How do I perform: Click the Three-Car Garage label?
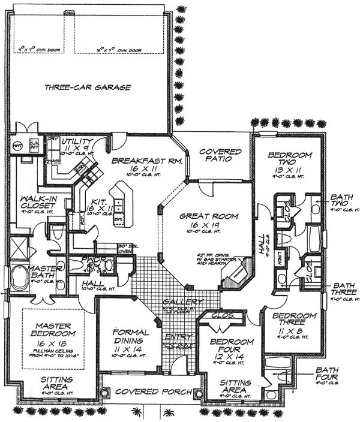(88, 88)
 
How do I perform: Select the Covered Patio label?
(220, 157)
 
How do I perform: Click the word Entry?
(176, 337)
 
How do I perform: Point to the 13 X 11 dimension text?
(290, 170)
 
